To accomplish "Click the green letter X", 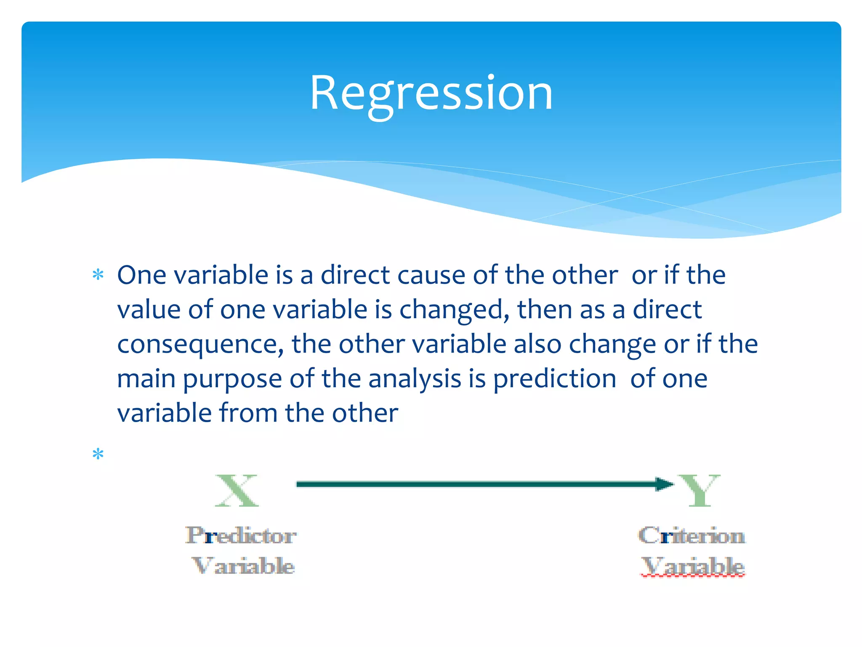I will (237, 491).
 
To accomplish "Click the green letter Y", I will (700, 490).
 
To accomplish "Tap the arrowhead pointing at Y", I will (665, 484).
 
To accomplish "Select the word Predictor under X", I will (241, 536).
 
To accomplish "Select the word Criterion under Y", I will (692, 536).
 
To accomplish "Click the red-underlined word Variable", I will (692, 566).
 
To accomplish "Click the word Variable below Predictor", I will (243, 566).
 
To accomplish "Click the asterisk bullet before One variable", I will (98, 275).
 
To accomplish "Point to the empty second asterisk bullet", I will (98, 455).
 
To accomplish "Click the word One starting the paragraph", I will (141, 275).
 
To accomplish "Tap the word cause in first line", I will (431, 275).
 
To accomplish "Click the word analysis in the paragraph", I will (415, 379).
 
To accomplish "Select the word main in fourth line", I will (146, 379).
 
